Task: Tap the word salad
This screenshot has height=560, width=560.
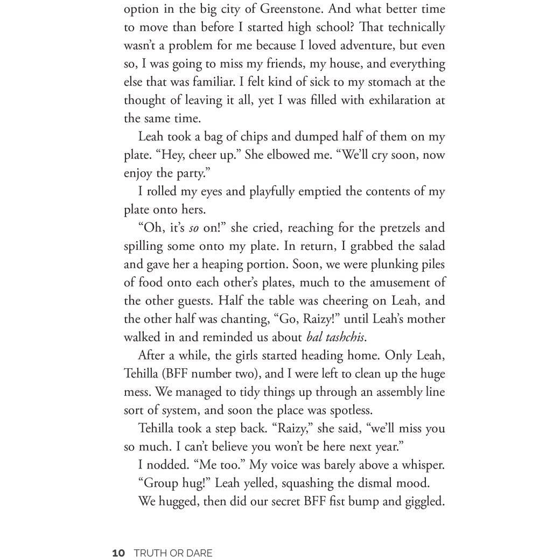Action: pyautogui.click(x=430, y=246)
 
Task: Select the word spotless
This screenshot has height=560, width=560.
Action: pyautogui.click(x=349, y=410)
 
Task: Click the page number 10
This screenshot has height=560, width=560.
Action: pyautogui.click(x=118, y=553)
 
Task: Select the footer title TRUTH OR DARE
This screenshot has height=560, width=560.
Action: pyautogui.click(x=173, y=553)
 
